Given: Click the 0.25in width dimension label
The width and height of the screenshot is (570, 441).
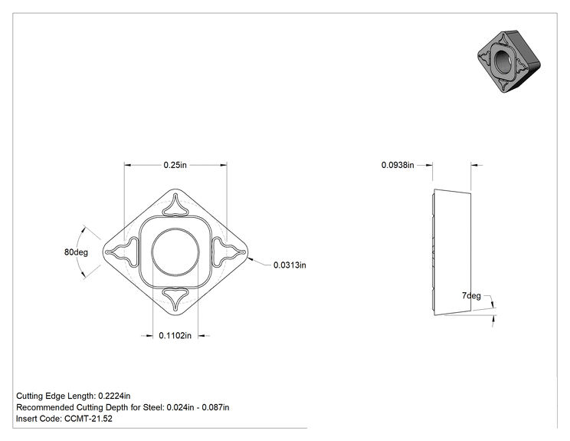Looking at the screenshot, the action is (x=175, y=165).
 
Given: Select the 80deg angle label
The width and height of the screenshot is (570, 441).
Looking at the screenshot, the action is (x=76, y=252).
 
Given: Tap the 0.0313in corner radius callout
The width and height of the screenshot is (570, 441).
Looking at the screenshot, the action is (x=290, y=265).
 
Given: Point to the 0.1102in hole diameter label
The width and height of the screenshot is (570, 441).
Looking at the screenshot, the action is (x=175, y=335).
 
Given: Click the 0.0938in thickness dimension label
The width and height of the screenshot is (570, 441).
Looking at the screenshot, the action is (x=398, y=165).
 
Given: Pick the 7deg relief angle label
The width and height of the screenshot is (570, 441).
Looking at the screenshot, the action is (x=471, y=296).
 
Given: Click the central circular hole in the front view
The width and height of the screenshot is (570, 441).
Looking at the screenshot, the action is (x=175, y=252).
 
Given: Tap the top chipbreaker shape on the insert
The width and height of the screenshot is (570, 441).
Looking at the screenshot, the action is (x=175, y=205).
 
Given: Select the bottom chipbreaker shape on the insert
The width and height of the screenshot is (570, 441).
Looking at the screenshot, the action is (x=175, y=299).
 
